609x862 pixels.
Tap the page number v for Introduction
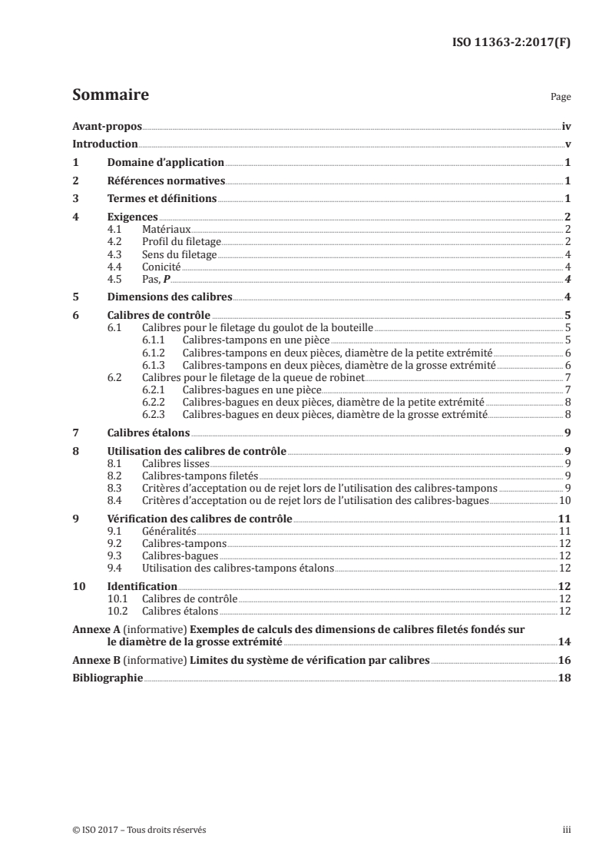(x=567, y=144)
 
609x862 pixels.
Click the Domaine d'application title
(x=165, y=163)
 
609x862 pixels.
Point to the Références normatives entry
(x=166, y=181)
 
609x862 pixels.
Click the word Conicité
(x=161, y=267)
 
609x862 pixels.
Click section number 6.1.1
(x=154, y=340)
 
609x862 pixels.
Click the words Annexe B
(x=91, y=660)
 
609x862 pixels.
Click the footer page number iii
(x=567, y=831)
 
